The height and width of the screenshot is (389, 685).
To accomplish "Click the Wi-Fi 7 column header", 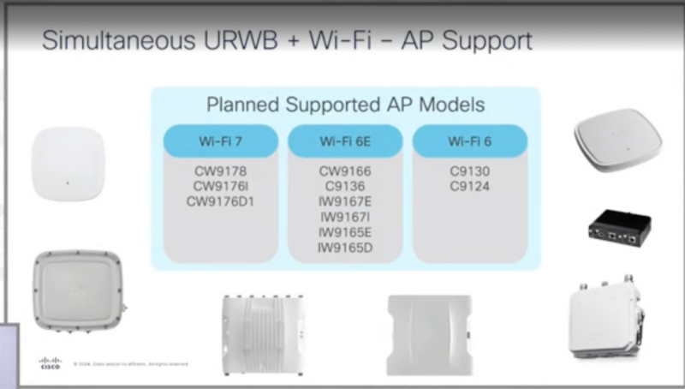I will [221, 141].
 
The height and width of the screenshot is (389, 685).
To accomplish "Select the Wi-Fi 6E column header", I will [345, 141].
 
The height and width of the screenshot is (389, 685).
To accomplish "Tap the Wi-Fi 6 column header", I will [469, 141].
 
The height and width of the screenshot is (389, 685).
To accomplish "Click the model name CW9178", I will [221, 171].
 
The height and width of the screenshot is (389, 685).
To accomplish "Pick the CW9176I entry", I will [221, 186].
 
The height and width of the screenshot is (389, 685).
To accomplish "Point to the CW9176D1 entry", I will [221, 201].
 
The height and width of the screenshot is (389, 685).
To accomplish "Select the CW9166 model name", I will [345, 171].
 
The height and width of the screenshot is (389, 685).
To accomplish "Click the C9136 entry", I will [345, 186].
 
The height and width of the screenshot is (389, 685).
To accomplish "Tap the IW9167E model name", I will [345, 201].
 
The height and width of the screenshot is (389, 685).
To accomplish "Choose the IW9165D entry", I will [345, 248].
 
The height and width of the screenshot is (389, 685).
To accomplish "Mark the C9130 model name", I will [469, 171].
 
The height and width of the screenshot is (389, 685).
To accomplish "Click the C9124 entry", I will [469, 186].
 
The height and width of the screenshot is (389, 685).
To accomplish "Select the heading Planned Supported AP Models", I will [345, 105].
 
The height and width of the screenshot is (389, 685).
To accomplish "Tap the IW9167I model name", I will [345, 217].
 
